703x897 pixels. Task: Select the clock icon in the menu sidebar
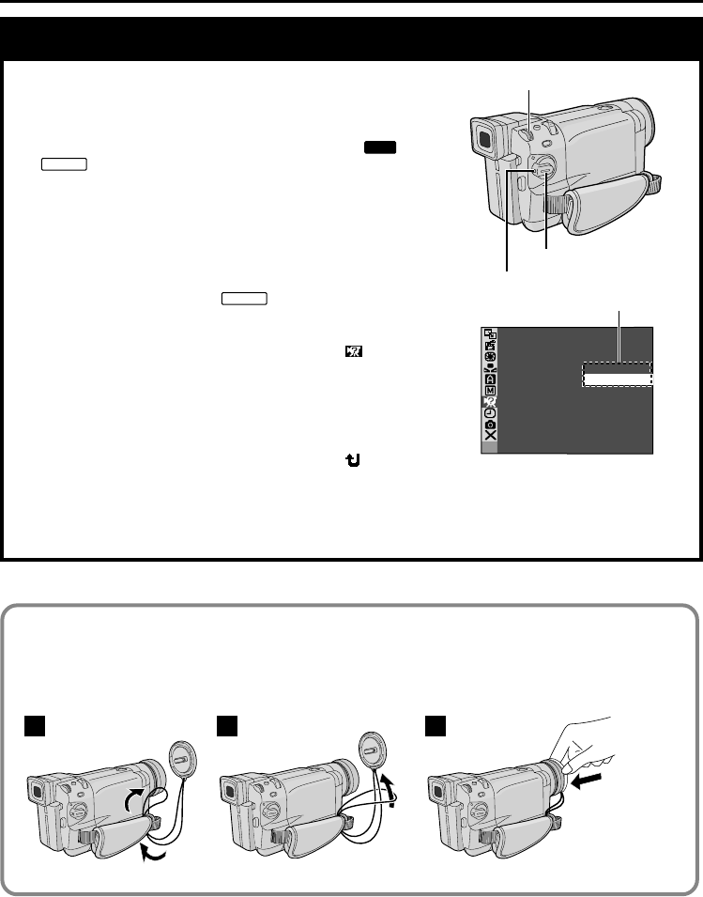tap(489, 413)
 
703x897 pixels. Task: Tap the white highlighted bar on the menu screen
tap(616, 378)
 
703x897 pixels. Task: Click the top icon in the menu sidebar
tap(489, 333)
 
